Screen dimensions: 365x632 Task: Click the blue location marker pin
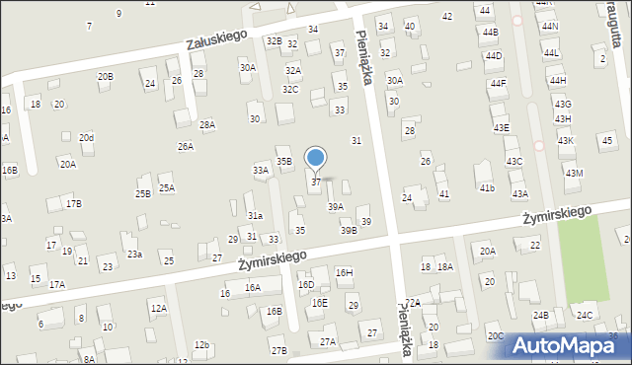tap(316, 158)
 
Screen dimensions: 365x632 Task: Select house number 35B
tap(283, 161)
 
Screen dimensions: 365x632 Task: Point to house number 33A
tap(261, 170)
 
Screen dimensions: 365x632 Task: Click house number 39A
tap(336, 206)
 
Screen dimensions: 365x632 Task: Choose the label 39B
tap(349, 230)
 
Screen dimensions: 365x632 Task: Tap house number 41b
tap(486, 187)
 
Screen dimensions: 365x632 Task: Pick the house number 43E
tap(502, 127)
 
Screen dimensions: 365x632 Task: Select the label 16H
tap(344, 272)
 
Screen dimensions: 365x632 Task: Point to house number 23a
tap(134, 254)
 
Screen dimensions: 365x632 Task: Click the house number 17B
tap(73, 203)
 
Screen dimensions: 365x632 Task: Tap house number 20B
tap(105, 76)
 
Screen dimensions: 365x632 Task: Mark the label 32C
tap(290, 89)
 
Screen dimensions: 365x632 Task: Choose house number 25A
tap(167, 187)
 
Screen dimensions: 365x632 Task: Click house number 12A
tap(159, 308)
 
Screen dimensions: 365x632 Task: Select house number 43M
tap(574, 173)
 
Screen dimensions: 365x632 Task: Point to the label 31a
tap(255, 215)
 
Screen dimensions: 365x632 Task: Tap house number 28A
tap(207, 124)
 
